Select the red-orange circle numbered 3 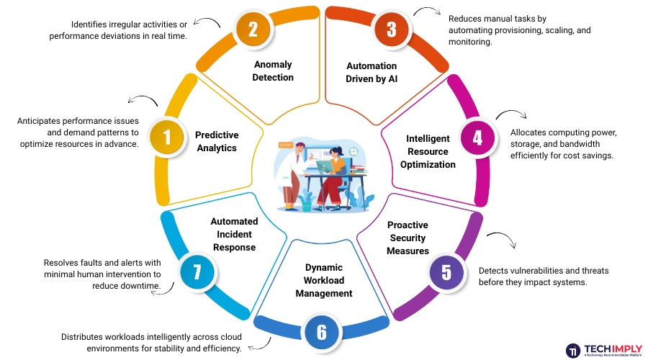pos(392,30)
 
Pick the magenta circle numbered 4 pos(477,136)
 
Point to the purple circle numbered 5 pos(446,273)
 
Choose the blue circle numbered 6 pos(322,332)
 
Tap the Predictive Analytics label pos(217,141)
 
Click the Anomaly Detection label pos(273,71)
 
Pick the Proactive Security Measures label pos(408,238)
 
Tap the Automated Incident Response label pos(234,234)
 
